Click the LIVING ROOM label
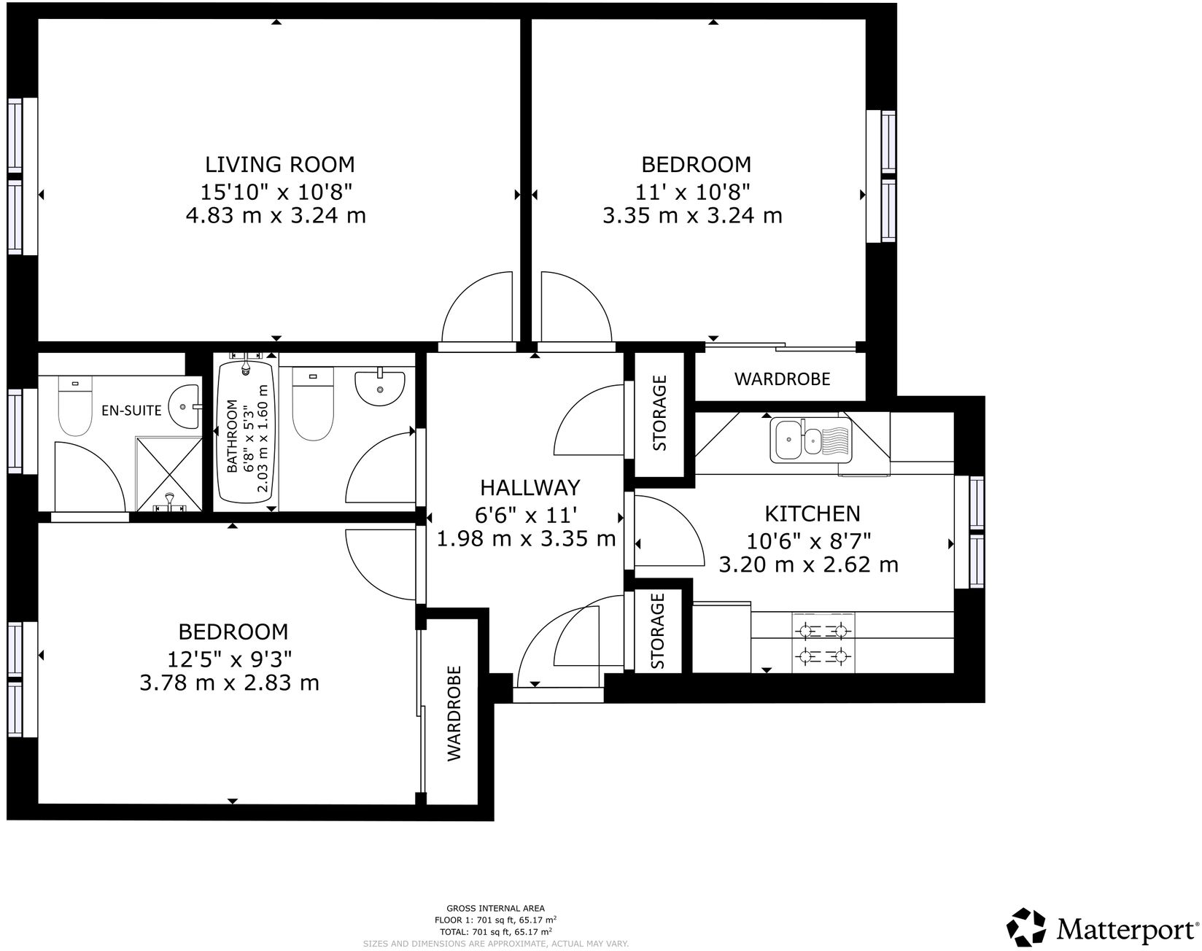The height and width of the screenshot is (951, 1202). (279, 163)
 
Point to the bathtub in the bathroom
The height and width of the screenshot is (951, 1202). (247, 434)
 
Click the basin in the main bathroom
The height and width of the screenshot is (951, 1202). (379, 387)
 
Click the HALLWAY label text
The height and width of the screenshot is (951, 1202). (530, 487)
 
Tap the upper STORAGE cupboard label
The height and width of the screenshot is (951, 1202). (659, 413)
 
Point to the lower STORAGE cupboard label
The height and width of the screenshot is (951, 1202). (659, 632)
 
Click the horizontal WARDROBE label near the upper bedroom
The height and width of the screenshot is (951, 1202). (782, 379)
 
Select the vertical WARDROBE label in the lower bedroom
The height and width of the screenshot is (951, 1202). (454, 713)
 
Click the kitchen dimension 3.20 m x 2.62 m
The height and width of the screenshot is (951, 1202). (808, 564)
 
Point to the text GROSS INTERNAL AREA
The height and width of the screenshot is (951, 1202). (495, 909)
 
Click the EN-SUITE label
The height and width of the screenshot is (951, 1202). (131, 411)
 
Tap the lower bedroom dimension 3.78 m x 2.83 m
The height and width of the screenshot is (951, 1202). (230, 683)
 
